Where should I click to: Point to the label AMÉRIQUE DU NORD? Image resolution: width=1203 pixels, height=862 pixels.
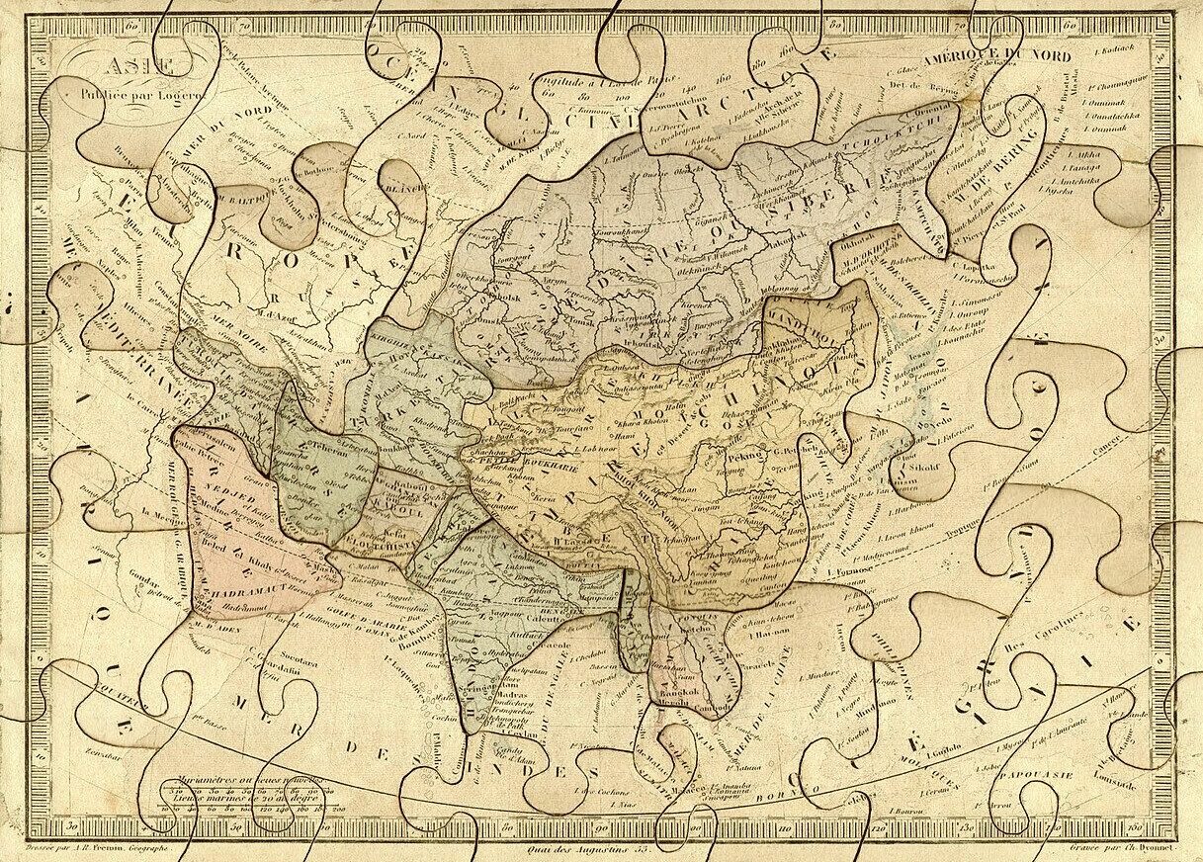tap(996, 56)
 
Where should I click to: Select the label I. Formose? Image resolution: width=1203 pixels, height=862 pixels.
tap(841, 570)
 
